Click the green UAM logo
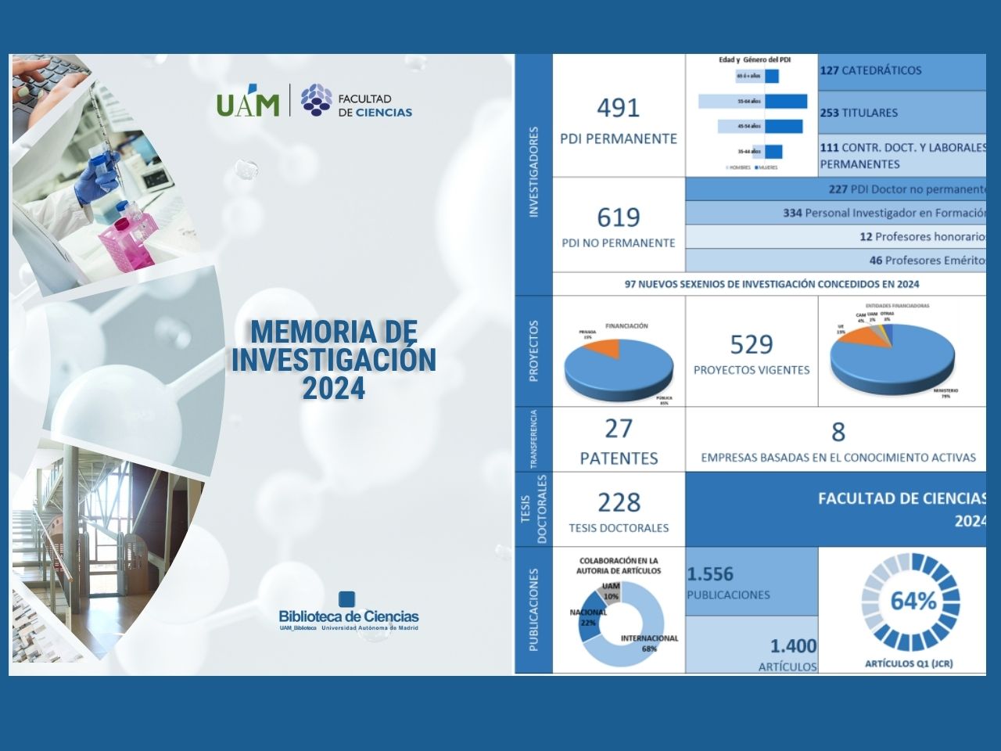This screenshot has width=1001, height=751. click(247, 103)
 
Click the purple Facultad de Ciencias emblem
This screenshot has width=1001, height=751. click(316, 100)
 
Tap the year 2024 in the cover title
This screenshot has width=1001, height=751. click(334, 388)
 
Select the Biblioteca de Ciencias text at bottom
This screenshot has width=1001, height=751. click(349, 616)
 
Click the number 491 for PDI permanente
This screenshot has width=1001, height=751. click(618, 108)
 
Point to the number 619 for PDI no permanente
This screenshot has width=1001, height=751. click(618, 217)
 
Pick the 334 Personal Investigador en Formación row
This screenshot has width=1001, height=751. click(884, 213)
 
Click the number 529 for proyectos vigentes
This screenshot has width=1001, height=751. click(751, 344)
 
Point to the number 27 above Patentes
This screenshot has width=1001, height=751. click(618, 429)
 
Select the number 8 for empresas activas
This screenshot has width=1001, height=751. click(838, 432)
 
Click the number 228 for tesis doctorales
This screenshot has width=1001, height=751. click(618, 502)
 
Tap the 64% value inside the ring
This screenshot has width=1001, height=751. click(913, 602)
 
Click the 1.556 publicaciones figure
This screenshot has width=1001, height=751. click(710, 574)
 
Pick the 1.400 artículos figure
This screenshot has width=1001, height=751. click(793, 646)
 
